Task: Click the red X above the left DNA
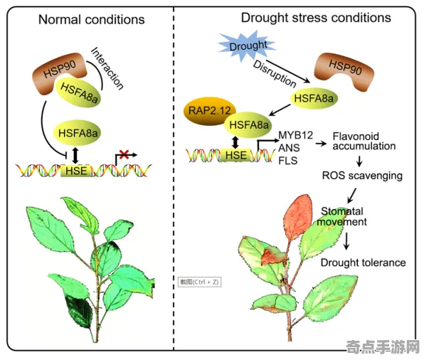click(124, 154)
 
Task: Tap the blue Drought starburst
click(247, 46)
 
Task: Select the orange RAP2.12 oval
click(209, 110)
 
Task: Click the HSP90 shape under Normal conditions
click(60, 73)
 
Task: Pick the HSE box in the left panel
click(76, 171)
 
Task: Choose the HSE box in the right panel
click(235, 155)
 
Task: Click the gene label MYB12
click(295, 135)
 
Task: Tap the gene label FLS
click(288, 161)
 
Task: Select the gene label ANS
click(289, 148)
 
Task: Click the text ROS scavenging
click(362, 176)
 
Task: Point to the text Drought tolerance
click(363, 263)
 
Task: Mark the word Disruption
click(275, 73)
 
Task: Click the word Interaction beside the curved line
click(107, 68)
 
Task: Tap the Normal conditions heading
click(91, 19)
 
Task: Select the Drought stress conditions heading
click(316, 18)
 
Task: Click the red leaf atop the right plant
click(298, 218)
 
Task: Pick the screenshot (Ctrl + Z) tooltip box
click(199, 282)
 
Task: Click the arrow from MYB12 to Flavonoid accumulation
click(321, 143)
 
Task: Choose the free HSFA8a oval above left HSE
click(78, 133)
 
